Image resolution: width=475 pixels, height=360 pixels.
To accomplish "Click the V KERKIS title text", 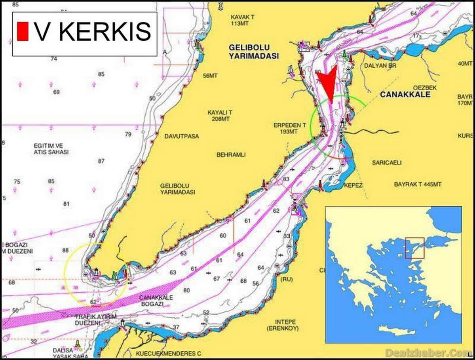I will coord(93,32).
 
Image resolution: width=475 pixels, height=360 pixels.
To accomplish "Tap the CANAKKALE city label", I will coord(405,95).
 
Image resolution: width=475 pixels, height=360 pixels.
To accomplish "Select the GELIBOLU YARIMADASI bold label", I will coord(253,51).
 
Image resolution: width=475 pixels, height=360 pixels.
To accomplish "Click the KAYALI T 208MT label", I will coord(220,116).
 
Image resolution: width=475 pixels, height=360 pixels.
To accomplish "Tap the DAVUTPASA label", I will coord(182,136).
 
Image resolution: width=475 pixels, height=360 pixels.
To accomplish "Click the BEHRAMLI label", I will coord(231,154).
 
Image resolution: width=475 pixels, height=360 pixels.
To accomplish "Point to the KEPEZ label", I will coord(353,185).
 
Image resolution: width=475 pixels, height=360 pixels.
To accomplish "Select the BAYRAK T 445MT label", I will coord(418,184).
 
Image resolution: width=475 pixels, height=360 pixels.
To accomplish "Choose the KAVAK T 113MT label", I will coord(242,20).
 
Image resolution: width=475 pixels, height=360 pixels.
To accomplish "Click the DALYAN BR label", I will coord(380,65).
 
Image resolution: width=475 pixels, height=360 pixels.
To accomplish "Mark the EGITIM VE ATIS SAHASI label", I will coord(51,149).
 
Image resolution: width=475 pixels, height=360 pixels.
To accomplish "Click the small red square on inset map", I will coord(414,248).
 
